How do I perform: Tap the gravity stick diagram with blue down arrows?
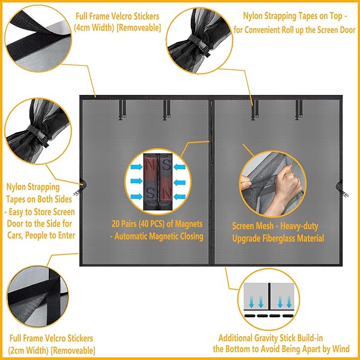tap(269, 299)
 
